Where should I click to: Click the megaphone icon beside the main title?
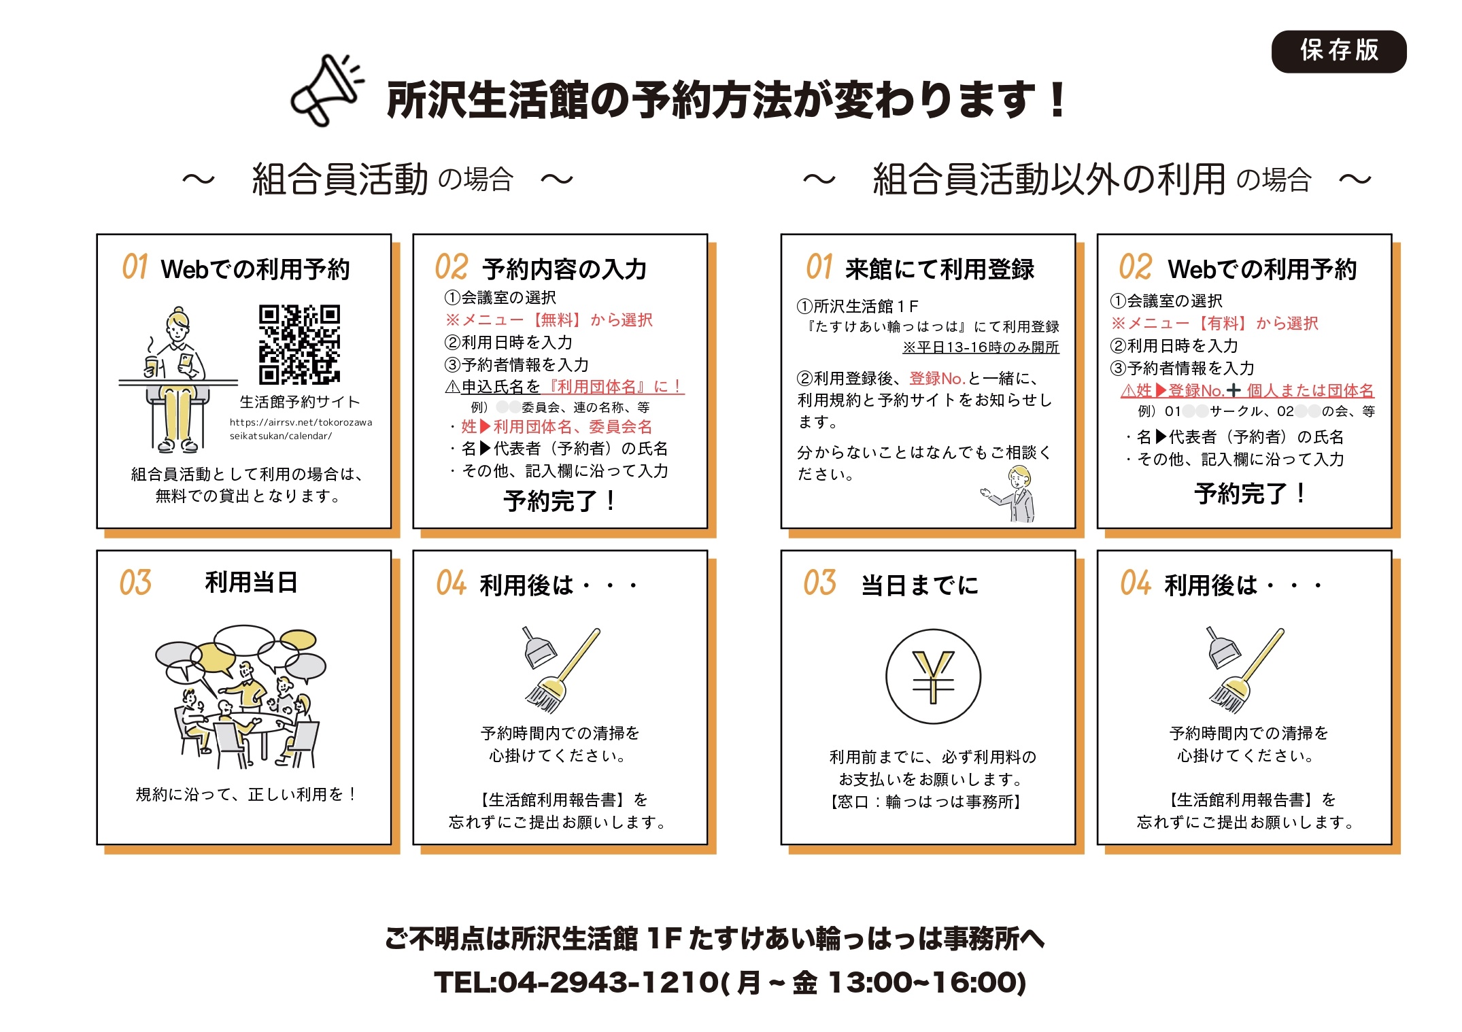pos(326,90)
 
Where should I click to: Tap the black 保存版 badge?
pos(1338,51)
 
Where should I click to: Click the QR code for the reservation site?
pos(299,344)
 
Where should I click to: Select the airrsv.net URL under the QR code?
pos(301,429)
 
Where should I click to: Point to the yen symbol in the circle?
pos(933,676)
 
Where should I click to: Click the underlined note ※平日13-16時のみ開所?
pos(981,347)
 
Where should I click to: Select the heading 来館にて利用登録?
pos(940,269)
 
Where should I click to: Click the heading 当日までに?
pos(919,585)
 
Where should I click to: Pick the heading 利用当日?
pos(251,583)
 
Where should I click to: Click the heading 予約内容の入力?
pos(564,269)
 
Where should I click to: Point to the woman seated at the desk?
pos(176,379)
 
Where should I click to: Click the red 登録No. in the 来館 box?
pos(937,379)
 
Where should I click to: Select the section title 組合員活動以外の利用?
pos(1049,179)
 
